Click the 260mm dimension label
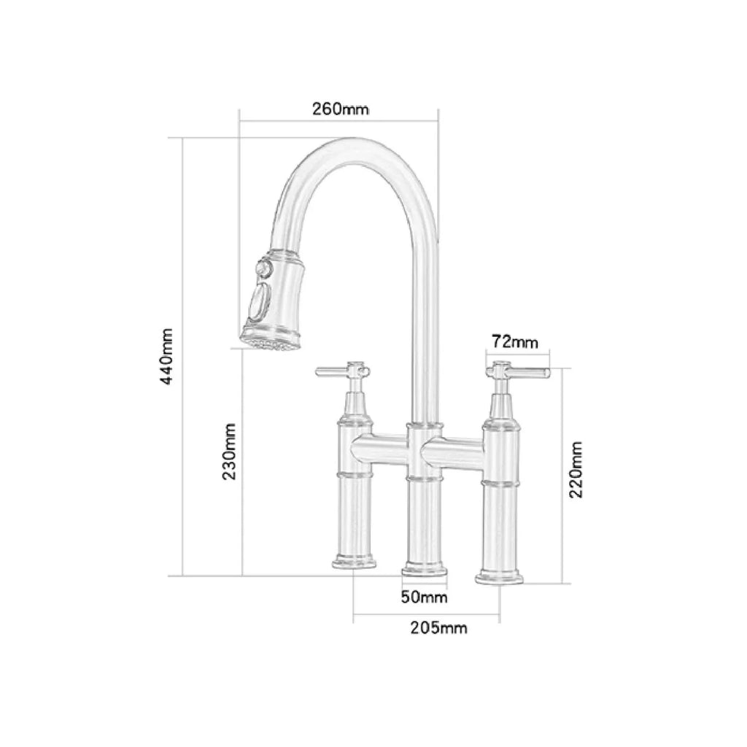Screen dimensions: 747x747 pos(341,109)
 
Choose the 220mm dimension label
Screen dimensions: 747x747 pos(576,468)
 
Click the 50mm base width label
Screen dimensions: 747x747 pos(424,597)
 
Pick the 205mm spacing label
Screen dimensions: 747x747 pos(438,627)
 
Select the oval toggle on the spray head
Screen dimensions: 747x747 pos(258,302)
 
